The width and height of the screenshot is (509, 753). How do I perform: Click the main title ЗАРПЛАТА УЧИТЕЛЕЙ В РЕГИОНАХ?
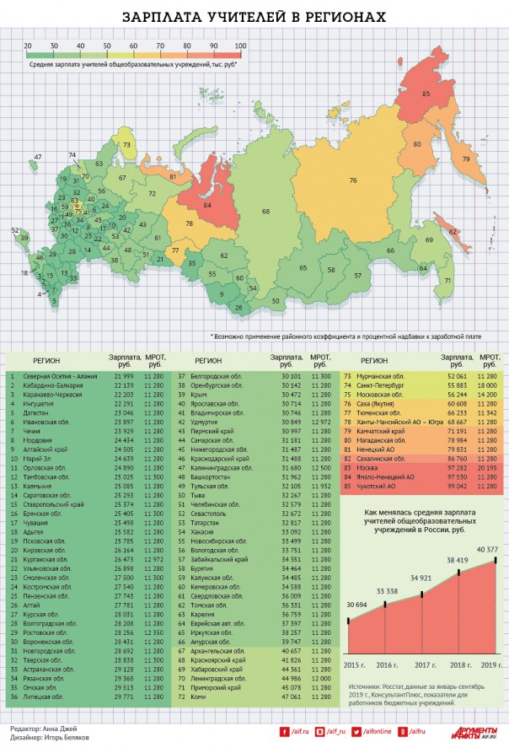click(254, 17)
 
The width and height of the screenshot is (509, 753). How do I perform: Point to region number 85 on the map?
click(426, 93)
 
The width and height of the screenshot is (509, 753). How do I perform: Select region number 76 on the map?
click(353, 180)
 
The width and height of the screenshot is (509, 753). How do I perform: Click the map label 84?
click(207, 204)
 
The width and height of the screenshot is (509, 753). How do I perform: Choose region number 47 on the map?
click(38, 157)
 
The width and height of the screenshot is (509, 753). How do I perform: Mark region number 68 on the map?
click(265, 211)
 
